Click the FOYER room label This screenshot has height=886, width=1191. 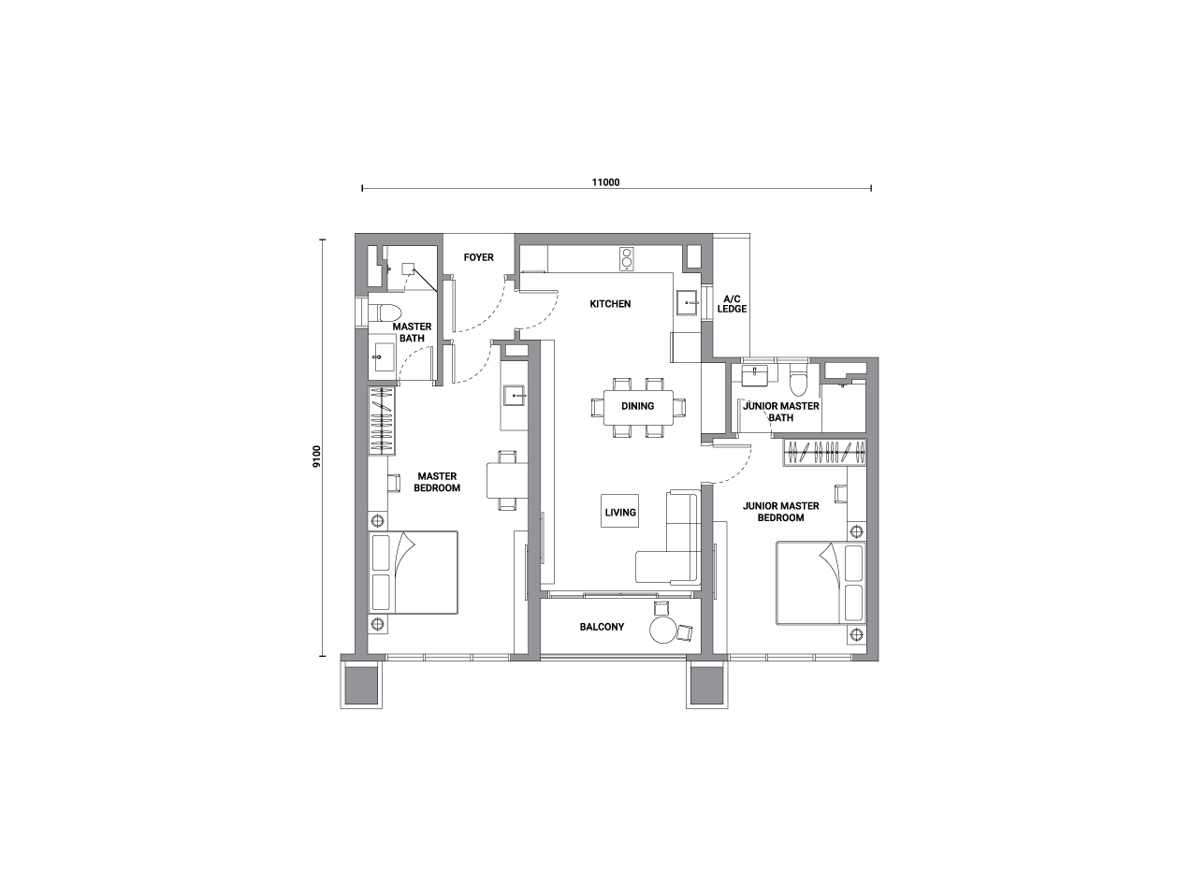478,257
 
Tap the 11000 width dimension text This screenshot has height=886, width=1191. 605,182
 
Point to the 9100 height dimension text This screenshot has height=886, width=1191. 317,456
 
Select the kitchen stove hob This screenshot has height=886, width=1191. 626,259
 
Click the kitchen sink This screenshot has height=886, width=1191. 687,303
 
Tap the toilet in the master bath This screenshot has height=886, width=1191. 385,312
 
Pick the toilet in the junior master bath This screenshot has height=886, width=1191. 799,380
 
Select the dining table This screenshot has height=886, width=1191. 638,407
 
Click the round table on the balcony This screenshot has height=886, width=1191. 663,630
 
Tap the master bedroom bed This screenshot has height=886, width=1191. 413,573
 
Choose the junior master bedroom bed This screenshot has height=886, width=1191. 821,583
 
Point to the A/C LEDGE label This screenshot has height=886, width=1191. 732,304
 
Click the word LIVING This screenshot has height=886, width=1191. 620,513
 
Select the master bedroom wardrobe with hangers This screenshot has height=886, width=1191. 381,421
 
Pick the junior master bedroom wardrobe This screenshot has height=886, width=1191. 825,452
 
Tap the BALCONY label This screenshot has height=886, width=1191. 602,627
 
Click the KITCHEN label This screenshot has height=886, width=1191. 610,304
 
